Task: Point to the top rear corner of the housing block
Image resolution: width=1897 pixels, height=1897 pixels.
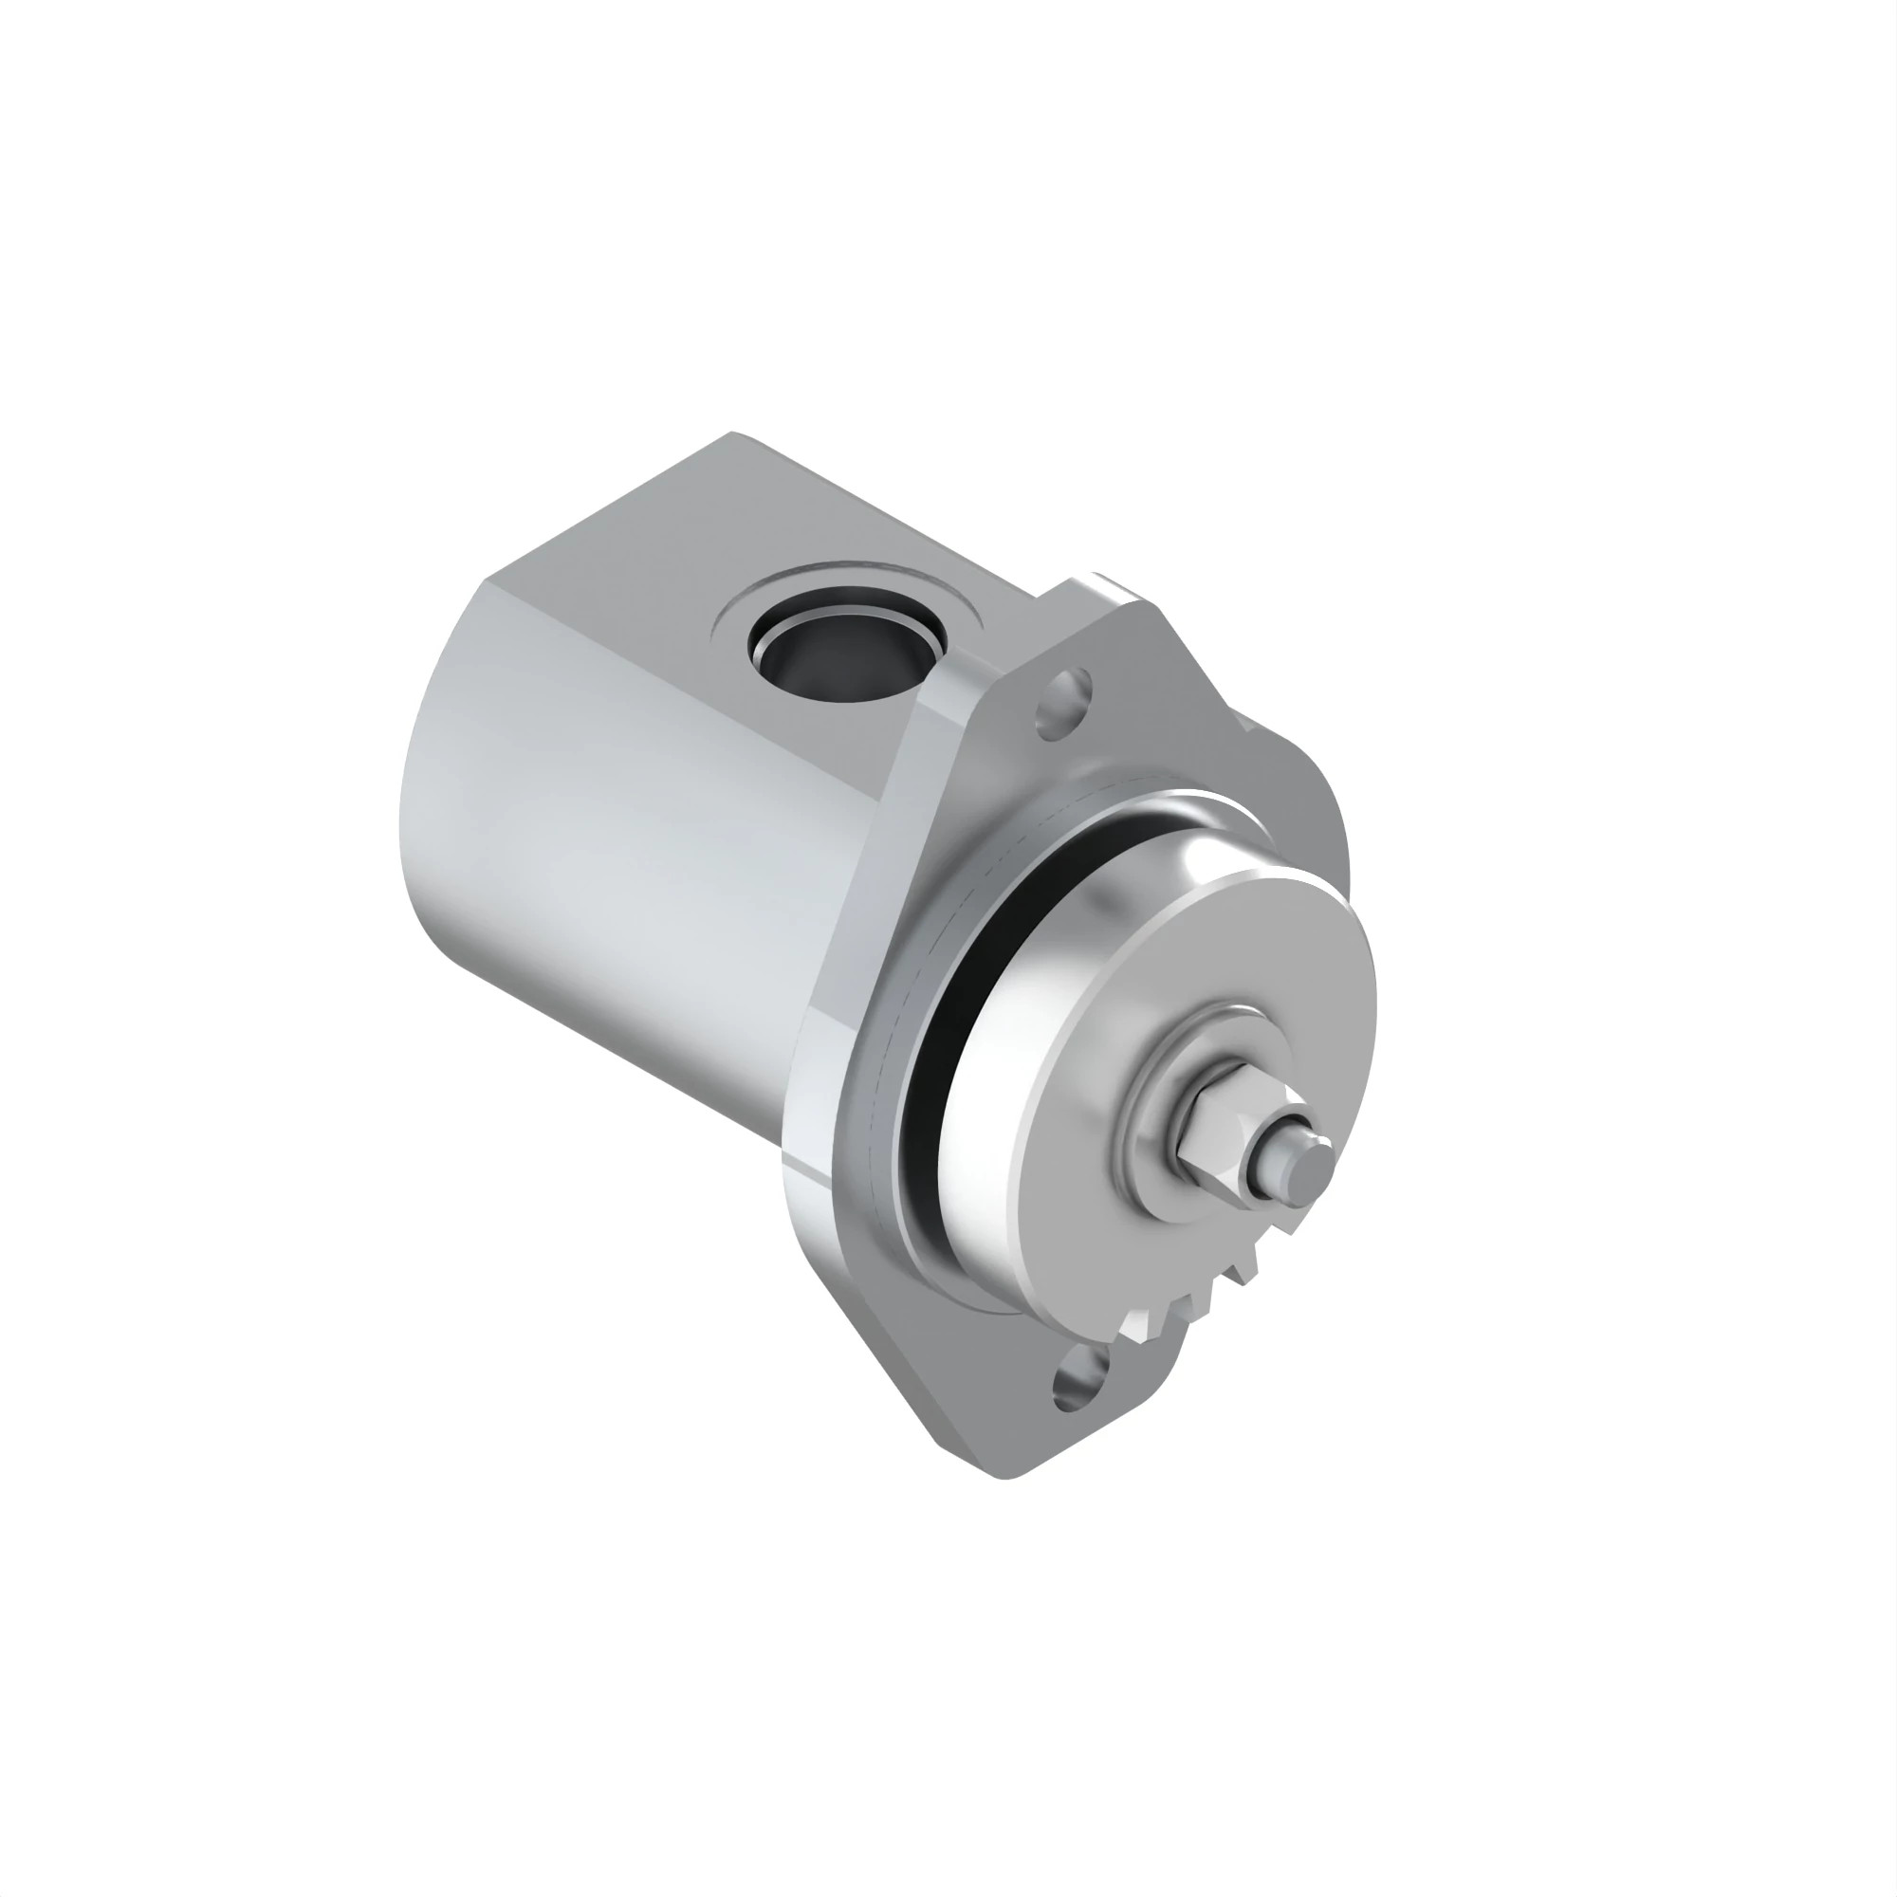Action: pyautogui.click(x=731, y=434)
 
